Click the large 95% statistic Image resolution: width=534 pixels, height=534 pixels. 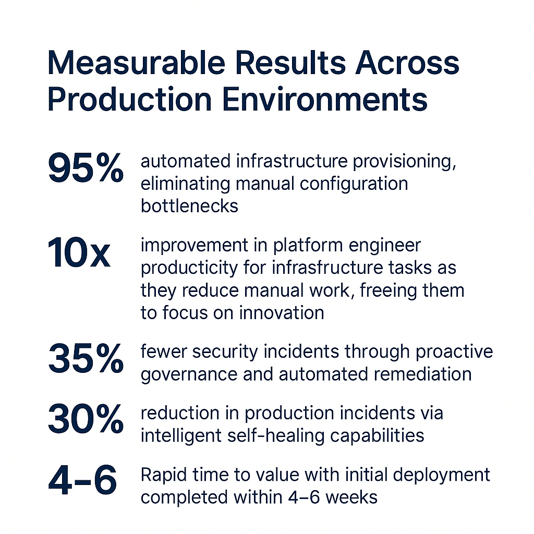point(86,167)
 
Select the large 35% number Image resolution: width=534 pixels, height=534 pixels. point(86,358)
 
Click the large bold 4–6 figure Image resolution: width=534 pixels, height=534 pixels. point(83,480)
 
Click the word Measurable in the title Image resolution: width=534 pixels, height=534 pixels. point(136,63)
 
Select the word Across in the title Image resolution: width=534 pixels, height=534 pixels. point(407,63)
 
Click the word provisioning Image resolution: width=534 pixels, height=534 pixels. point(404,162)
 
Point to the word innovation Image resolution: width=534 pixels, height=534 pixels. point(281,313)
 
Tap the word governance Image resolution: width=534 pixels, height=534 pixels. point(189,374)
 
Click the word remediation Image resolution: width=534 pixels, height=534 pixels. point(422,374)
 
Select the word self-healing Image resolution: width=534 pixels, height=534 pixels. point(276,436)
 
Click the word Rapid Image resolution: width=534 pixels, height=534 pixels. point(163,475)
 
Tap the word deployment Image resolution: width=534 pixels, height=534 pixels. point(441,475)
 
